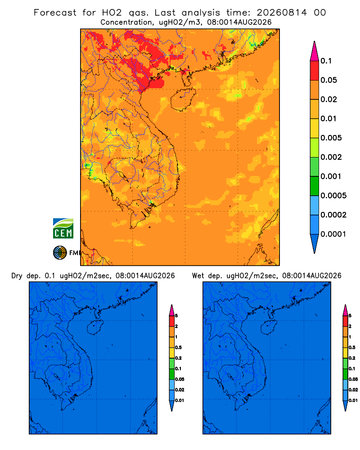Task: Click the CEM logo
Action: coord(63,228)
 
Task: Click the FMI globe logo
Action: coord(60,252)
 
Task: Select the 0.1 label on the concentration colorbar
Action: coord(326,61)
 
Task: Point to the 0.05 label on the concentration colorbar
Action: coord(328,80)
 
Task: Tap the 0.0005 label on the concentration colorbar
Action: coord(333,196)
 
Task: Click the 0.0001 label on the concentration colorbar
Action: coord(333,234)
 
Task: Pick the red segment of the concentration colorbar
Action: coord(315,71)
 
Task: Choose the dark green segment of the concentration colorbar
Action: coord(315,186)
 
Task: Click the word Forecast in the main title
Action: coord(55,13)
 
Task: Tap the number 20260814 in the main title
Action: coord(282,13)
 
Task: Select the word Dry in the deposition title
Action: coord(17,276)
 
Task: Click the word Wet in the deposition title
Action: coord(198,276)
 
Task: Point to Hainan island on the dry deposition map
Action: coord(95,327)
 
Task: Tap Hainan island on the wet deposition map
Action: coord(269,327)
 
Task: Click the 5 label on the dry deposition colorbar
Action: coord(176,316)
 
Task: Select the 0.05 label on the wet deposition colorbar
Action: coord(353,379)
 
